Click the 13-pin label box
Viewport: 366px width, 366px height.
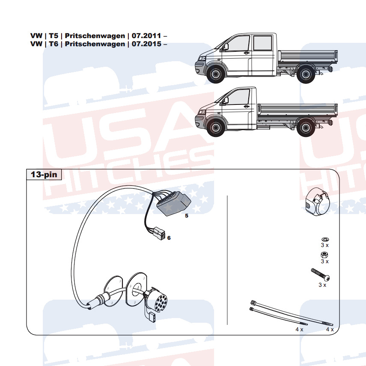coord(44,174)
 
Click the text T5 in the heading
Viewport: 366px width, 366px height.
coord(54,36)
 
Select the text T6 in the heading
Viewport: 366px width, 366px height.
coord(54,44)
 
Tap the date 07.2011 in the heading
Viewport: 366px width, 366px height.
coord(146,36)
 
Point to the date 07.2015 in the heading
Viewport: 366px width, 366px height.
coord(146,44)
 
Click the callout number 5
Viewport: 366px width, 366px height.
coord(187,216)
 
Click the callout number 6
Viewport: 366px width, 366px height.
coord(169,238)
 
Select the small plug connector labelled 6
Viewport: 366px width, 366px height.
coord(159,234)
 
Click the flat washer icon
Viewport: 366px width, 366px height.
coord(324,239)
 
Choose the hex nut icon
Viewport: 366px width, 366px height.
coord(324,254)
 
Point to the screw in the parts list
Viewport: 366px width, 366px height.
coord(320,275)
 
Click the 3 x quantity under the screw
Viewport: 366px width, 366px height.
coord(322,285)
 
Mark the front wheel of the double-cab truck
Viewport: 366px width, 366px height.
coord(215,74)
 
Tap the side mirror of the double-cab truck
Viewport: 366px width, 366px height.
coord(226,47)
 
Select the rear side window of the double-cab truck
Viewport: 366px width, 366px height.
coord(262,43)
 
